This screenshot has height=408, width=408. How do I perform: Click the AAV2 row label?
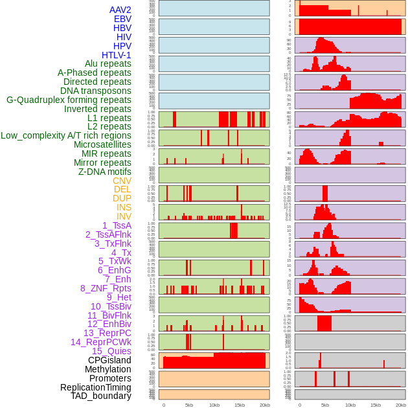[x=120, y=10]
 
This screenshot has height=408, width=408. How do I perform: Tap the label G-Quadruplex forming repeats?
[x=69, y=100]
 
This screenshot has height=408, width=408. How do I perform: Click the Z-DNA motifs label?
[x=104, y=172]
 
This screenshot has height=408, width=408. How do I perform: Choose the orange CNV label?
[x=122, y=181]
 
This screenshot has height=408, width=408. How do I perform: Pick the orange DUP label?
[x=122, y=198]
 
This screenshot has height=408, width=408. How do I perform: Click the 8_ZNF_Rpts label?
[x=106, y=288]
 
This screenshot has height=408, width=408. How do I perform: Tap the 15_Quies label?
[x=111, y=351]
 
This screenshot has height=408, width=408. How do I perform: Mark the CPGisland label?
[x=109, y=360]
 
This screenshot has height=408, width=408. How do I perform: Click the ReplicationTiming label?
[x=95, y=387]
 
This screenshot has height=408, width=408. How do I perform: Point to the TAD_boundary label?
[x=100, y=396]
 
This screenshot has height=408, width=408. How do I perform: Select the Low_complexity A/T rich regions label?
[x=66, y=135]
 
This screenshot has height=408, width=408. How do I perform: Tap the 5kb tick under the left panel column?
[x=189, y=405]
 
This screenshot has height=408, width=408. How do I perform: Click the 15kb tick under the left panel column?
[x=240, y=405]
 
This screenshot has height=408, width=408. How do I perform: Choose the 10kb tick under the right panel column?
[x=350, y=405]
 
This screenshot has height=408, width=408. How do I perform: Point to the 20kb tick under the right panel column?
[x=401, y=405]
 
